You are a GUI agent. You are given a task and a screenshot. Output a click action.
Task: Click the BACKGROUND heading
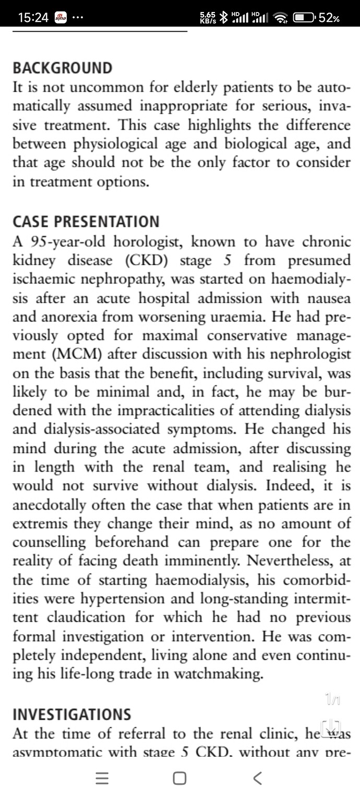[x=62, y=68]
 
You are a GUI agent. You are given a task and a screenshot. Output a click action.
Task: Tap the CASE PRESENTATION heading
[x=86, y=222]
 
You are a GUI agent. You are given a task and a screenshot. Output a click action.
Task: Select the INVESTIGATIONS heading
[x=71, y=714]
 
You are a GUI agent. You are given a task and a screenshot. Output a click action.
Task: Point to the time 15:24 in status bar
[x=33, y=18]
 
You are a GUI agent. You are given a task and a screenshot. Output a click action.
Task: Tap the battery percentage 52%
[x=329, y=18]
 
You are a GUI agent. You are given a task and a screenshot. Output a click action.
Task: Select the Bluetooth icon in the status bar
[x=223, y=18]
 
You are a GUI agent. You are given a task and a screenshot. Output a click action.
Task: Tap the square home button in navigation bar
[x=179, y=779]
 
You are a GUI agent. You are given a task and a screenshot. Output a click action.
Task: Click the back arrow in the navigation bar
[x=257, y=779]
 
